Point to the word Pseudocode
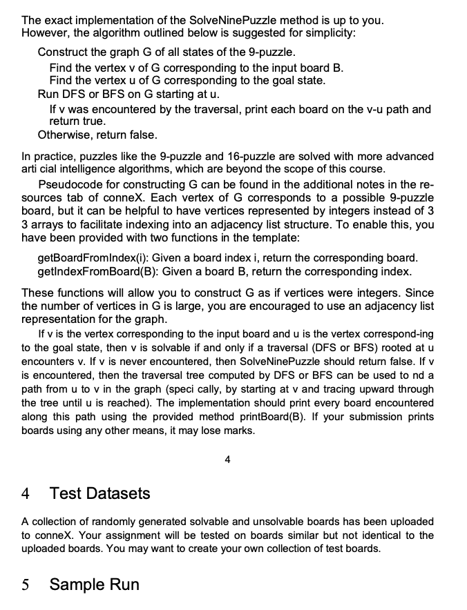pos(69,185)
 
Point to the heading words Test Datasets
pos(99,493)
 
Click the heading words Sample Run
pos(94,584)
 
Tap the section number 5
pos(26,584)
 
